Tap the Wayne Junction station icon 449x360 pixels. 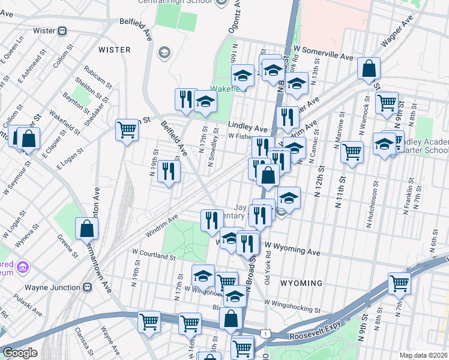(x=88, y=287)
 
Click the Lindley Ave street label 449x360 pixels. (x=248, y=128)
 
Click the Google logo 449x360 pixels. (x=20, y=353)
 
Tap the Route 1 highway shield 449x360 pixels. (x=265, y=332)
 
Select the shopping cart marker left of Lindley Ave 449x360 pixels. (x=127, y=129)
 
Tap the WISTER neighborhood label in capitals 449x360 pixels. (x=114, y=49)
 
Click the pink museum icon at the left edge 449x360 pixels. (x=23, y=266)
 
